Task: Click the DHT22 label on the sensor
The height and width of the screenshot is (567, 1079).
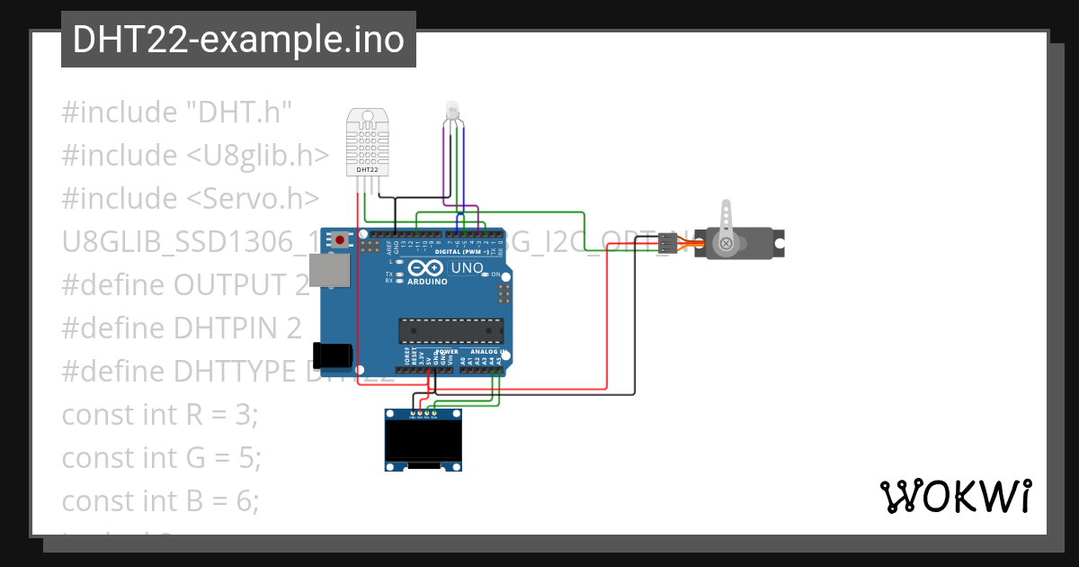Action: pos(367,169)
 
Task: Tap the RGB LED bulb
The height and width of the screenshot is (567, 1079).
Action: pos(452,111)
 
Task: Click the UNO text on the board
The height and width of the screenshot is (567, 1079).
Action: pos(467,268)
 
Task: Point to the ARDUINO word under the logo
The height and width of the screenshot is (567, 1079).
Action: pos(427,282)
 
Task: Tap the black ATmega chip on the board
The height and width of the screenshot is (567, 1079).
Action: pos(449,331)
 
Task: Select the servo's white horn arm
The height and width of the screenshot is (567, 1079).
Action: pos(727,220)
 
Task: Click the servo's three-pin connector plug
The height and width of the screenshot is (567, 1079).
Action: pos(665,243)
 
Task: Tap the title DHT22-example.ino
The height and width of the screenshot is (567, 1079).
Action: pos(238,40)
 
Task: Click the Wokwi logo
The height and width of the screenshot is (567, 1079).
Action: pos(955,497)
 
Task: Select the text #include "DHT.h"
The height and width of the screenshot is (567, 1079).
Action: pos(177,112)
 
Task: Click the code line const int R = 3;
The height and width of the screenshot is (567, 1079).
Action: pos(160,415)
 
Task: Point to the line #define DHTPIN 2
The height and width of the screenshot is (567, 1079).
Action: pos(182,328)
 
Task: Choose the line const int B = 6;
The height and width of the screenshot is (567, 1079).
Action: pos(160,501)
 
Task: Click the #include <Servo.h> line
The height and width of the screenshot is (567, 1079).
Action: pos(190,199)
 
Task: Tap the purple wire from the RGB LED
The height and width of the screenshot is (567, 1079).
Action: pos(443,162)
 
